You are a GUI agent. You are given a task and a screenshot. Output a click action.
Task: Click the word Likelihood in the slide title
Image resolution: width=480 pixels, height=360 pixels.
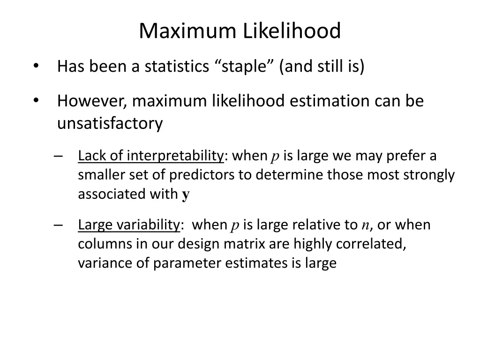coord(292,31)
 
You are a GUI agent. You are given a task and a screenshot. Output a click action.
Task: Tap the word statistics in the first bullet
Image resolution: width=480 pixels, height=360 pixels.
coord(176,67)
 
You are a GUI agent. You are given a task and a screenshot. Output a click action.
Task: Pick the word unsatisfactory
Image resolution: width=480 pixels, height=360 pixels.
coord(110,124)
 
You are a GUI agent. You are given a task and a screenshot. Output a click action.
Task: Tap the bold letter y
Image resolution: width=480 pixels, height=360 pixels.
coord(186,195)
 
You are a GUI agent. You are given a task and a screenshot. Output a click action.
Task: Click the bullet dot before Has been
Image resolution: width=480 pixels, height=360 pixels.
coord(36,67)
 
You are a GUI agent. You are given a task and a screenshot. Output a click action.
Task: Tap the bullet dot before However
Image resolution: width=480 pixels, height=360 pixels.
coord(36,101)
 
